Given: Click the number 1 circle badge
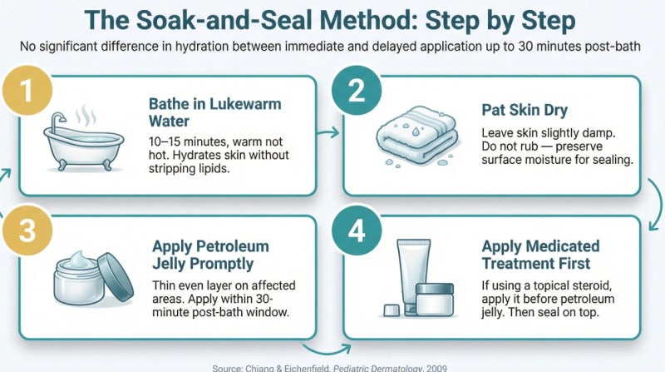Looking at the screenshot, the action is coord(27,91).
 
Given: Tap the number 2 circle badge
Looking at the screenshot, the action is coord(357,91).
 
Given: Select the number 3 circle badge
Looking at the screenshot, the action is coord(27,231).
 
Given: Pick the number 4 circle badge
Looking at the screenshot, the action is coord(357,231).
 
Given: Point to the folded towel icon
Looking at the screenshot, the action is coord(417,135).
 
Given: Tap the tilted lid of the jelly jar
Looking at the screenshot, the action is coord(116,277).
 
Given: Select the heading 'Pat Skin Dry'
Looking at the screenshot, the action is coord(525,110).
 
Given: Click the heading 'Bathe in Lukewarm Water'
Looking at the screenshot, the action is coord(214,112).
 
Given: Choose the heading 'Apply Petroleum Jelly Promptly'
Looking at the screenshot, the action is coord(210,255).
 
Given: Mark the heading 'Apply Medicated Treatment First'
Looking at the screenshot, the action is coord(541,255).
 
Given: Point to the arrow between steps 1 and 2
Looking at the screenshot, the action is coord(328,133).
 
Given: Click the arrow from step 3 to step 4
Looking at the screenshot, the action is coord(327,350).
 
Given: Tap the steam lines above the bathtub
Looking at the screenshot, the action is coord(86,115).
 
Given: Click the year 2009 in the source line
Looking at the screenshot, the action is coord(437,368).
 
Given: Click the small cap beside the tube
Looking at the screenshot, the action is coord(391,310).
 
